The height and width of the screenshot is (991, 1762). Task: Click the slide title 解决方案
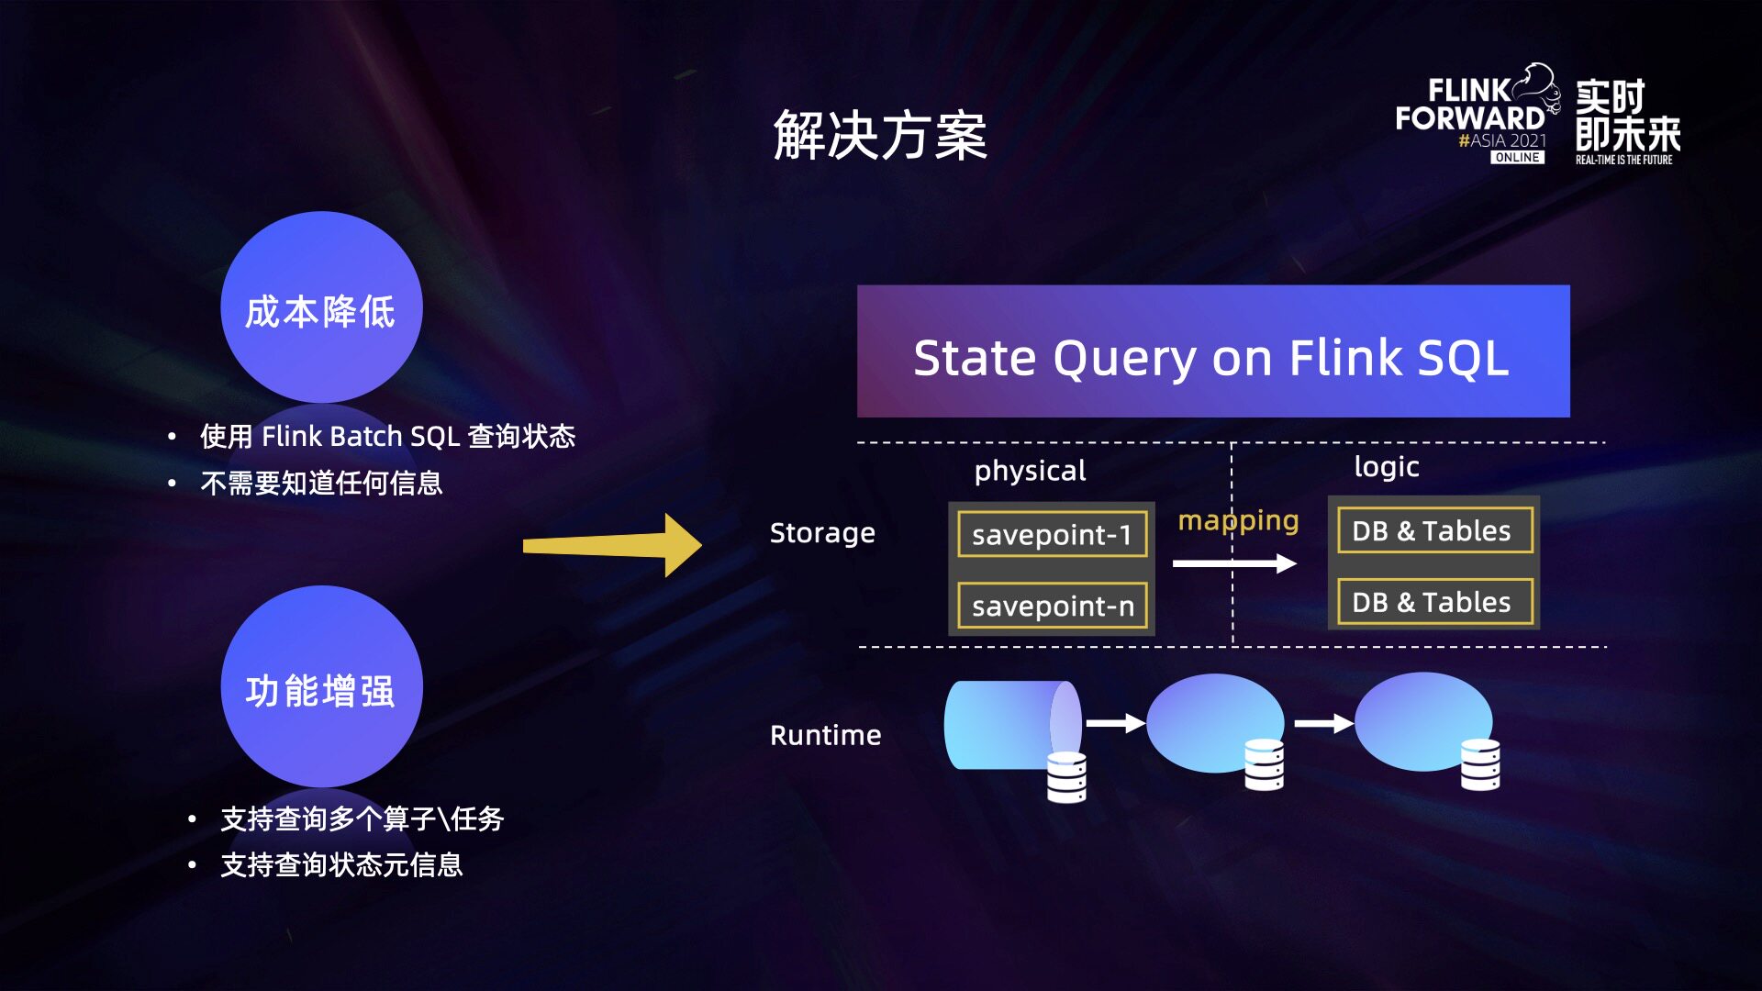(880, 136)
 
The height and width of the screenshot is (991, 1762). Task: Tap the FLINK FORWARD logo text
(1470, 105)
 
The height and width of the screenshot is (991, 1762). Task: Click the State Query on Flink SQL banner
(1213, 351)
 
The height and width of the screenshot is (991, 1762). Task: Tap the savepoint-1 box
(1053, 534)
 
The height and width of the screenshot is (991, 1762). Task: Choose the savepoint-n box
(1053, 606)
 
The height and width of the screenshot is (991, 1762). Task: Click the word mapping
(1238, 522)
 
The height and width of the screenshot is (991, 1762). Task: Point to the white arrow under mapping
(1234, 562)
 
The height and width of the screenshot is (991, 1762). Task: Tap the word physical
(1030, 472)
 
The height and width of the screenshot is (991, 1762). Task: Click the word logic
(1387, 467)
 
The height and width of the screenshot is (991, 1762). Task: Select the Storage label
(822, 533)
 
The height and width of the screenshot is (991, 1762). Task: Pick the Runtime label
(825, 735)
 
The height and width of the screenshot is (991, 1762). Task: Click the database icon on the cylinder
(1066, 777)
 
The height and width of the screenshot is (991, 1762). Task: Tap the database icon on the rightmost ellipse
(1480, 764)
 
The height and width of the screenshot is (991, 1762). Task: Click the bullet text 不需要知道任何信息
(321, 483)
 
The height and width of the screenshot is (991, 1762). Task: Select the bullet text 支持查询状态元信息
(341, 864)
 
